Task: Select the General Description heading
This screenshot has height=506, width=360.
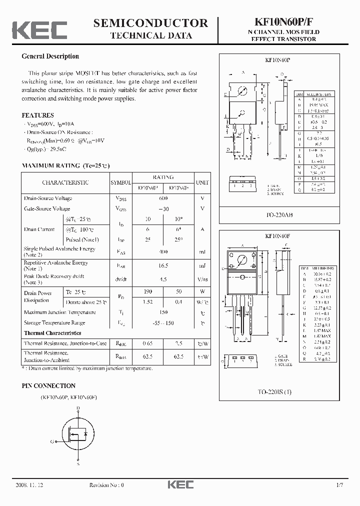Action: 50,56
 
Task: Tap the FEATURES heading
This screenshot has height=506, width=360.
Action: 38,115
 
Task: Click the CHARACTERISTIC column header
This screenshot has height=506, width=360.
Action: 65,182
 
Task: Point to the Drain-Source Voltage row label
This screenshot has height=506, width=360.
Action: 48,198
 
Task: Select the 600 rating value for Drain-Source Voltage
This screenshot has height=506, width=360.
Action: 163,198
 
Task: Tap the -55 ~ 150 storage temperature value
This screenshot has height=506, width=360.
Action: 163,323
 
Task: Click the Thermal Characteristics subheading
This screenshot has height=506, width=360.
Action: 52,333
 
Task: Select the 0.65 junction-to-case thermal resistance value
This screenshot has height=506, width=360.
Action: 147,343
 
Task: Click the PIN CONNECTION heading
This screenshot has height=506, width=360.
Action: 48,386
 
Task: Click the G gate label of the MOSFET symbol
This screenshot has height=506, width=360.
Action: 52,442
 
